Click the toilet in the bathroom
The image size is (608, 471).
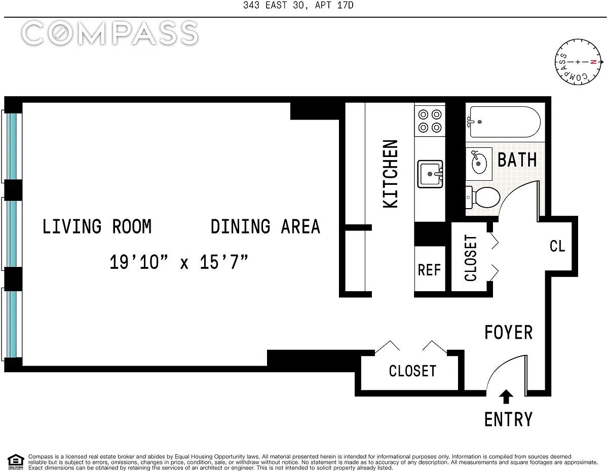[483, 198]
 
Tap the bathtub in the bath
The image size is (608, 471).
[505, 122]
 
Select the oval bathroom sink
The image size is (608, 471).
[479, 163]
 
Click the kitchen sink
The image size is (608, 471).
[430, 174]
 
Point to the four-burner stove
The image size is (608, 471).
[430, 121]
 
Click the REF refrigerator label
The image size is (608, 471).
[429, 270]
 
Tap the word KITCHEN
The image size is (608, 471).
[390, 174]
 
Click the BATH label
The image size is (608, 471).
[517, 160]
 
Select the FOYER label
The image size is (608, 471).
[508, 332]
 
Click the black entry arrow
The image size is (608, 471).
[506, 397]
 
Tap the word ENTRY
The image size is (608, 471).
[508, 419]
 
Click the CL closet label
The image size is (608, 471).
[557, 246]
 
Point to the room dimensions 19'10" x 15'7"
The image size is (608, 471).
[179, 262]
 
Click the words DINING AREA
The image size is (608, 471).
[265, 226]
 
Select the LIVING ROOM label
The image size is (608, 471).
[97, 226]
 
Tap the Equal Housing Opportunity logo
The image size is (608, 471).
[16, 462]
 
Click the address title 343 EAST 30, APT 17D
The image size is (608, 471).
[298, 5]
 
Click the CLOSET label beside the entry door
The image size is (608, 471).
[412, 371]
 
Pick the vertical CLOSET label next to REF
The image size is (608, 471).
[470, 258]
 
